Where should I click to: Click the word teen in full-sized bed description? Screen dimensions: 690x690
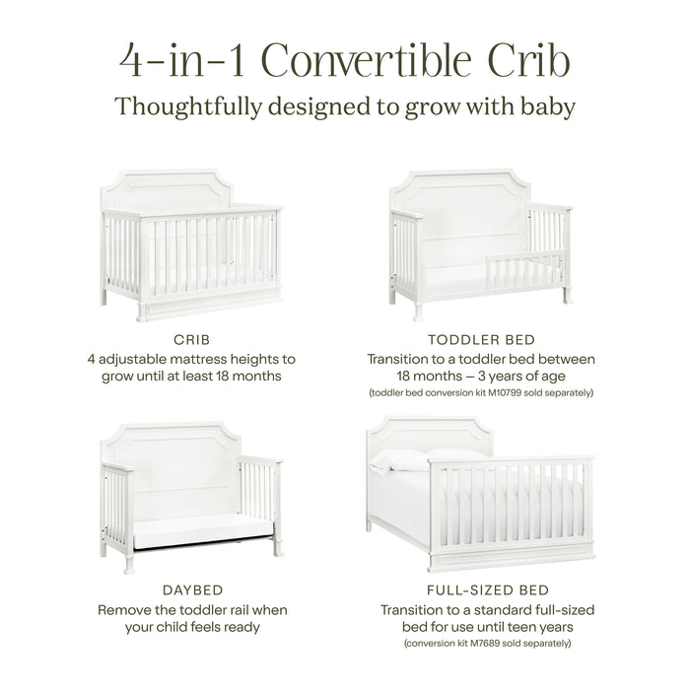(x=545, y=626)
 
